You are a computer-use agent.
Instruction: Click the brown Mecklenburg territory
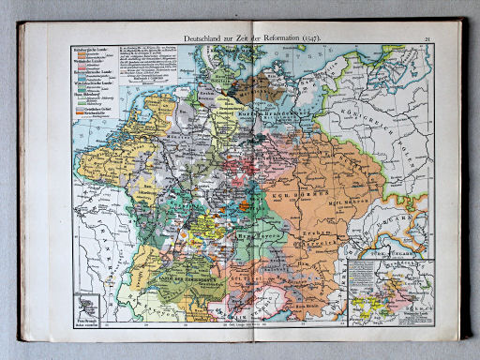[253, 90]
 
